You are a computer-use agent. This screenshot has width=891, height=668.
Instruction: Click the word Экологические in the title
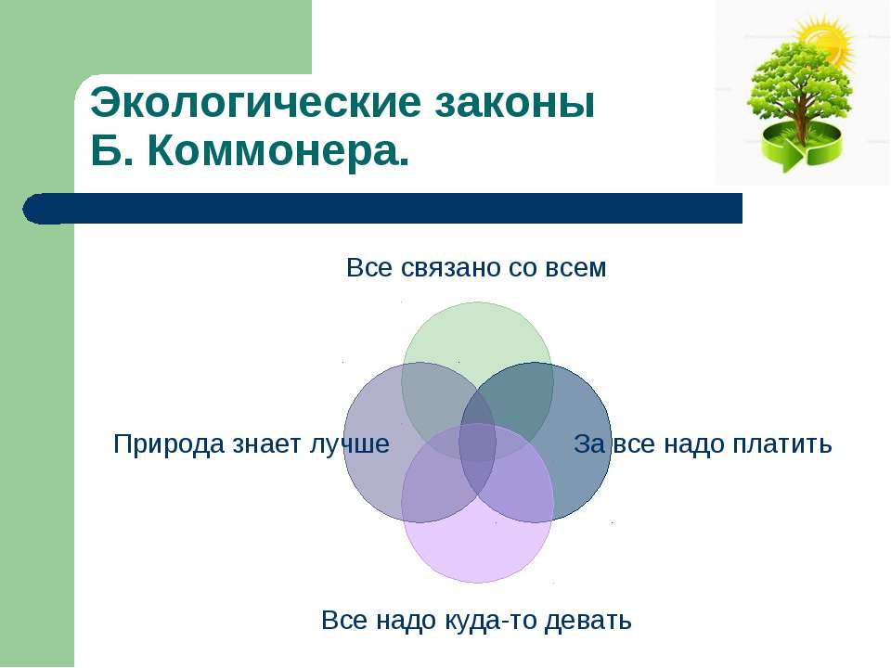click(256, 104)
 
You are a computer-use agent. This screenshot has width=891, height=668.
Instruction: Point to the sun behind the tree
click(827, 41)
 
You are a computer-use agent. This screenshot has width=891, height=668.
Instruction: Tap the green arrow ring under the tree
click(801, 148)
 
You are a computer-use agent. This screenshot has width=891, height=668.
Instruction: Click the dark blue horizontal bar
click(382, 208)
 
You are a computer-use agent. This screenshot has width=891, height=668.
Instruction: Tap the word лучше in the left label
click(350, 444)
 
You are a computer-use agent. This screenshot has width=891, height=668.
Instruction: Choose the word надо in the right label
click(695, 444)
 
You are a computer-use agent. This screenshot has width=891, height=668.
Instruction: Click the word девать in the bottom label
click(588, 621)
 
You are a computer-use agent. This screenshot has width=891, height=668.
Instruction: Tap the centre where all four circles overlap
click(477, 442)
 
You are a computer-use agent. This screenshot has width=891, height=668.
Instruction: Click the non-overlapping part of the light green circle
click(477, 335)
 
